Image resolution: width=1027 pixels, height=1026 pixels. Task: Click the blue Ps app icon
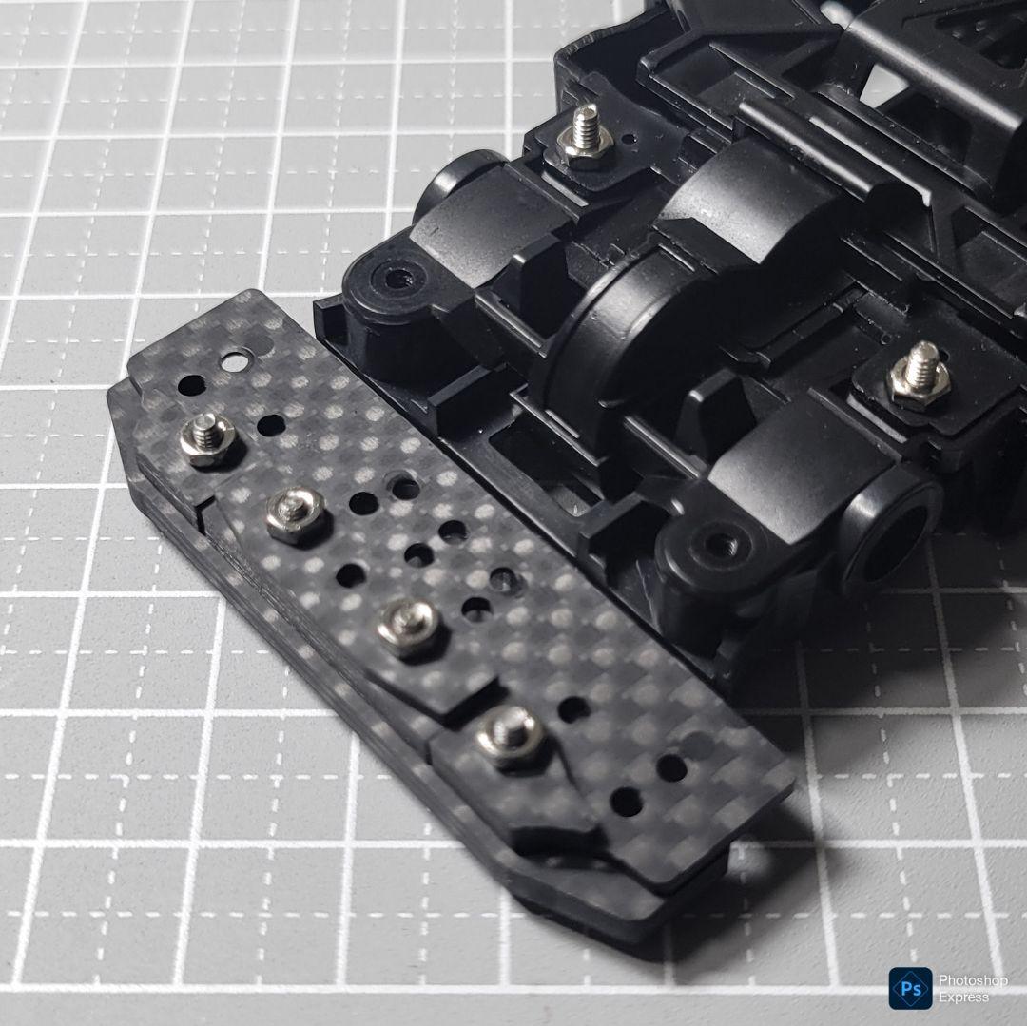click(x=910, y=988)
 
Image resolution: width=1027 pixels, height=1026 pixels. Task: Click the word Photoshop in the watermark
click(x=973, y=980)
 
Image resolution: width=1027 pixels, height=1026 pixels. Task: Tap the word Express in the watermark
click(x=963, y=997)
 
